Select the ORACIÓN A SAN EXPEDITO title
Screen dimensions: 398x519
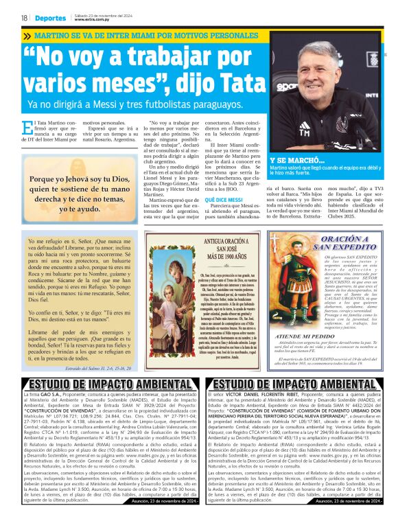(x=336, y=242)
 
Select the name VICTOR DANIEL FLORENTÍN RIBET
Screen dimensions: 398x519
(x=264, y=397)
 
